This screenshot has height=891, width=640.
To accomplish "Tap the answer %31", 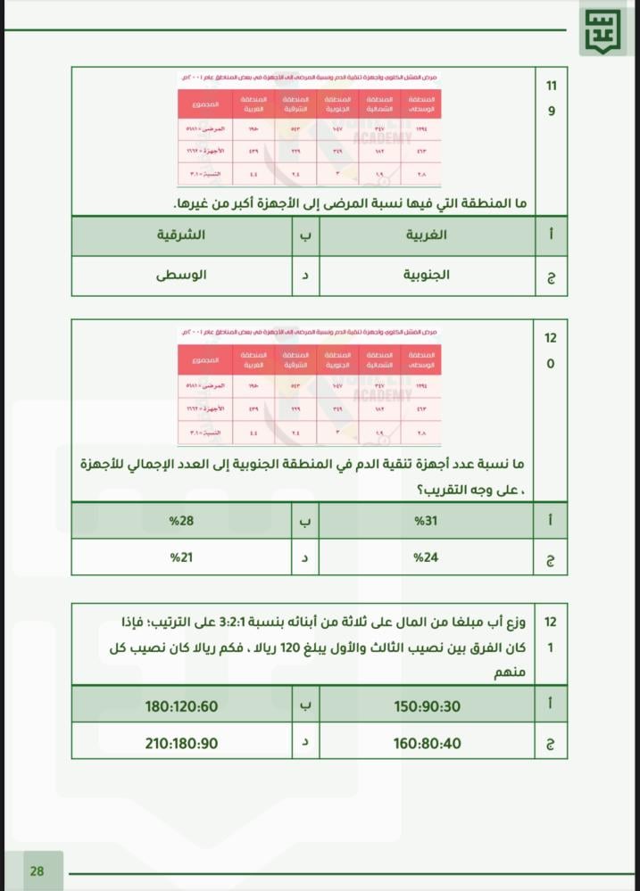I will (428, 520).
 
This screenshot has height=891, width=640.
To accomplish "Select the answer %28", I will (183, 520).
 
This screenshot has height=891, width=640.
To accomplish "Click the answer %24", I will (428, 557).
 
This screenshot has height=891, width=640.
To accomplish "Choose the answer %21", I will (183, 557).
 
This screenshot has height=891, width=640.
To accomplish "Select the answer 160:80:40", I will (428, 741).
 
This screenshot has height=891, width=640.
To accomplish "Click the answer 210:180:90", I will (182, 741).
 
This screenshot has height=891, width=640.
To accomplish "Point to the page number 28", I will (37, 871).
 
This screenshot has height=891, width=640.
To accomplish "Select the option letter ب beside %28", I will (305, 520).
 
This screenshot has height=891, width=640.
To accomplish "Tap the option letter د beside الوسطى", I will (305, 276).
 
